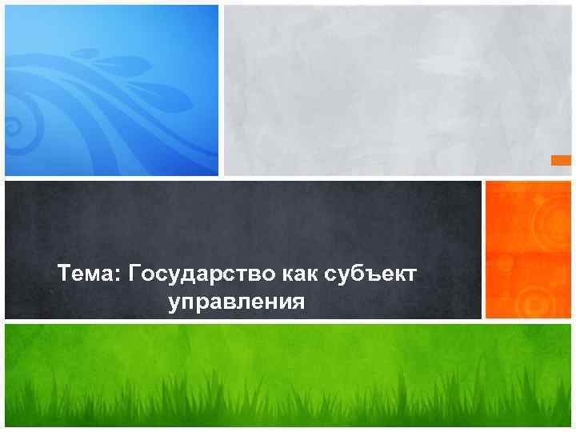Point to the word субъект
pyautogui.click(x=371, y=275)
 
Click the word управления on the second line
pyautogui.click(x=237, y=302)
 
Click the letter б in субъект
pyautogui.click(x=356, y=275)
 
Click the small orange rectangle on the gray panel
pyautogui.click(x=562, y=161)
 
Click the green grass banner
pyautogui.click(x=288, y=376)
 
